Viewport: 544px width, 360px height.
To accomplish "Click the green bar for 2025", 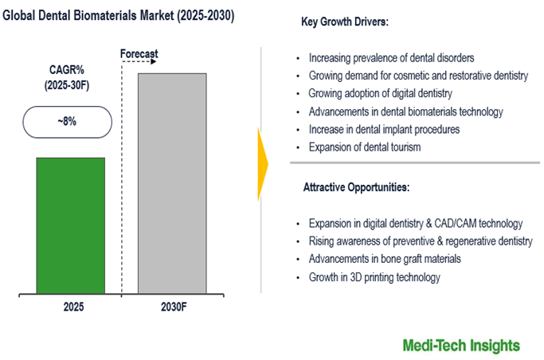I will pyautogui.click(x=71, y=225).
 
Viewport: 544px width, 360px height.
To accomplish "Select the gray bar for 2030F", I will pyautogui.click(x=173, y=183).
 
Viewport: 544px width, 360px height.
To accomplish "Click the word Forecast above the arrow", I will pyautogui.click(x=139, y=54).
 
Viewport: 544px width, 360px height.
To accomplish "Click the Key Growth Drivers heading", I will pyautogui.click(x=345, y=22).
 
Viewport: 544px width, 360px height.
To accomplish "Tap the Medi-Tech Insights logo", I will pyautogui.click(x=462, y=345).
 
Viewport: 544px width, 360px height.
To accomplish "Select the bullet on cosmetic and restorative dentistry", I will pyautogui.click(x=418, y=76).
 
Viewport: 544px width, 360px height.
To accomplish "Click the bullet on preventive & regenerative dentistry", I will pyautogui.click(x=421, y=241).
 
